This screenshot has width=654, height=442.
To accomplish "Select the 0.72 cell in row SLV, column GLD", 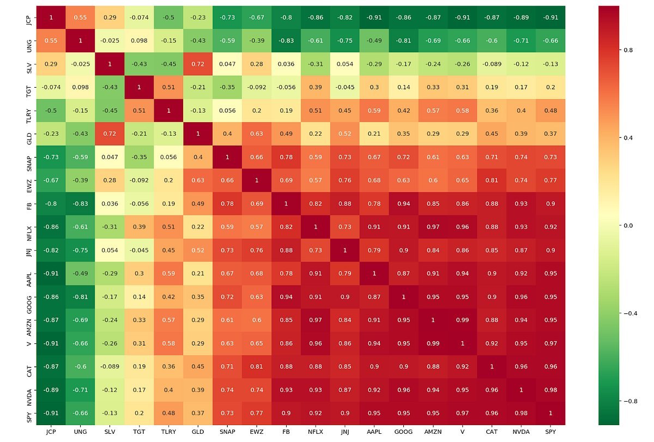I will click(x=198, y=64).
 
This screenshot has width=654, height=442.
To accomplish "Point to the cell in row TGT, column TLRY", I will click(x=169, y=87).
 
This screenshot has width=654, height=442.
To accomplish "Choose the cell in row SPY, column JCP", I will click(x=52, y=413).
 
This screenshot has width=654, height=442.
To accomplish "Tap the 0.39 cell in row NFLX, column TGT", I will click(x=140, y=227).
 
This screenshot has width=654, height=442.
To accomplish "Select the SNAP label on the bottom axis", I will click(x=228, y=432).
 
